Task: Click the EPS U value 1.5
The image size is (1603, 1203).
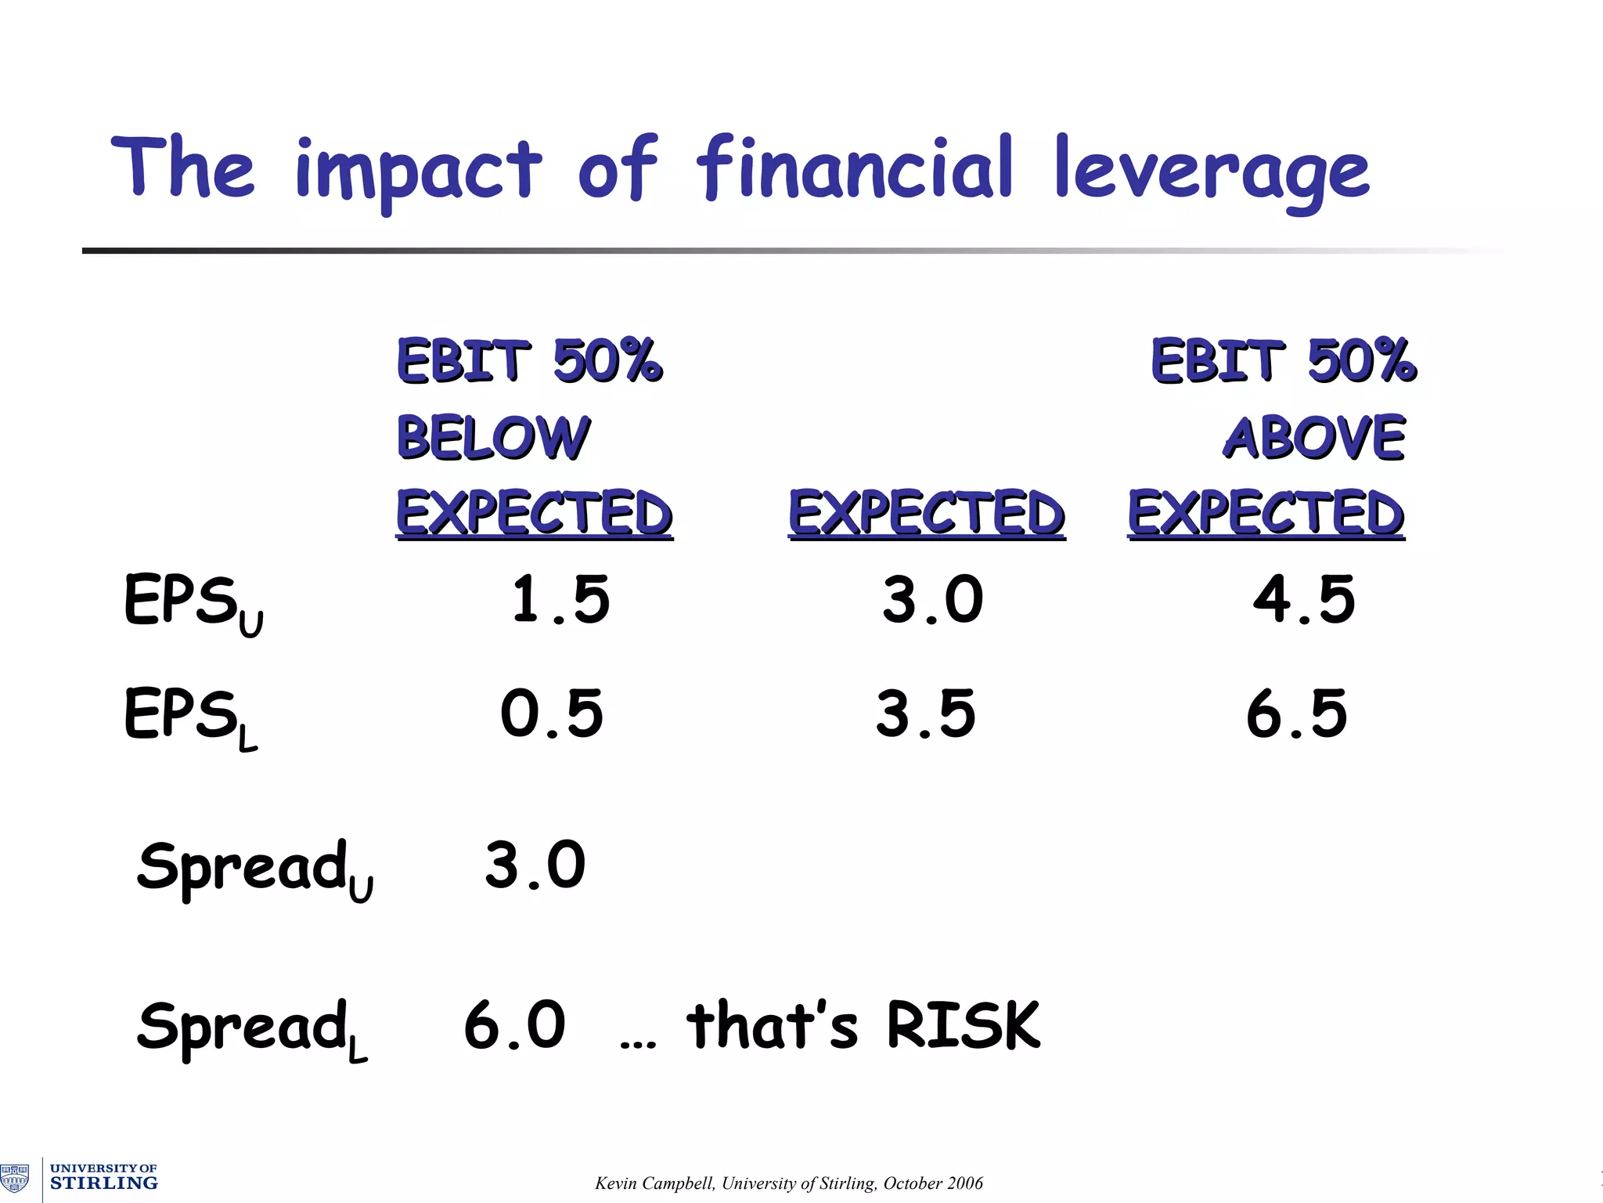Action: click(560, 600)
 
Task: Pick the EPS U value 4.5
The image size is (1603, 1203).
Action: click(1303, 600)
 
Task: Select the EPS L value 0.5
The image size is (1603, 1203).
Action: click(552, 713)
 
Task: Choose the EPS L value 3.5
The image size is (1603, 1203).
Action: click(926, 713)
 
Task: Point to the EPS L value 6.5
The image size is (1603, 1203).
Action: click(1297, 713)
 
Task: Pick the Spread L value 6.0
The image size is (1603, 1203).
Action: click(514, 1025)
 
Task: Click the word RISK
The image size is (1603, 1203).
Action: click(963, 1025)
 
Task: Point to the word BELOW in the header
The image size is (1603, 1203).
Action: click(493, 437)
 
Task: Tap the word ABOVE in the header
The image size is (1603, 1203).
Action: click(1314, 437)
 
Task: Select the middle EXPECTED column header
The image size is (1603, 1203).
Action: click(927, 513)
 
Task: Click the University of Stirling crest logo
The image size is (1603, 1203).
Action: click(15, 1177)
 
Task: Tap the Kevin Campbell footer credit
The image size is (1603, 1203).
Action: click(788, 1183)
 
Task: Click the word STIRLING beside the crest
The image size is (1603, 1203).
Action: click(103, 1183)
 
